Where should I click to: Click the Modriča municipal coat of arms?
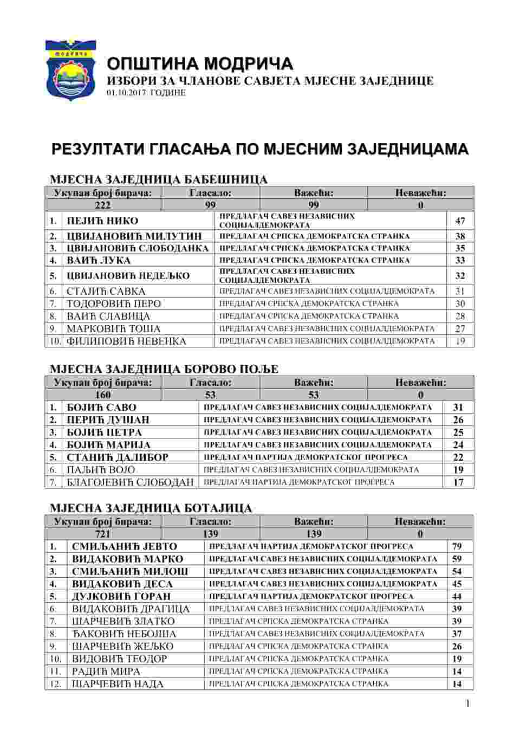pyautogui.click(x=70, y=70)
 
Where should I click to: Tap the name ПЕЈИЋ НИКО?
pyautogui.click(x=102, y=221)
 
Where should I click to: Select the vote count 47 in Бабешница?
pyautogui.click(x=460, y=221)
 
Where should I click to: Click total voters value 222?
pyautogui.click(x=102, y=205)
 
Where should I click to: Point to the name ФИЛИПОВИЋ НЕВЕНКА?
pyautogui.click(x=126, y=341)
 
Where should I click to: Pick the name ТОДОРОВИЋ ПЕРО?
pyautogui.click(x=114, y=304)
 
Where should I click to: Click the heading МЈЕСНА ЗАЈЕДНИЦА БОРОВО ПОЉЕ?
pyautogui.click(x=164, y=369)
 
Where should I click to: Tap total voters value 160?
pyautogui.click(x=102, y=395)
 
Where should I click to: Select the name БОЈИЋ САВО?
pyautogui.click(x=101, y=408)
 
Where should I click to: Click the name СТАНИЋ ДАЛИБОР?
pyautogui.click(x=118, y=457)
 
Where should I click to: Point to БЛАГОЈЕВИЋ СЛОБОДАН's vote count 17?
pyautogui.click(x=458, y=482)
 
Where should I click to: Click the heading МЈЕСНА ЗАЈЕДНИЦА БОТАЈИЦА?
pyautogui.click(x=151, y=508)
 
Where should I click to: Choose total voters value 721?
pyautogui.click(x=102, y=534)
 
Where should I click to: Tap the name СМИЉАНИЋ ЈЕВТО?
pyautogui.click(x=125, y=546)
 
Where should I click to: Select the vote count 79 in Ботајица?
pyautogui.click(x=457, y=546)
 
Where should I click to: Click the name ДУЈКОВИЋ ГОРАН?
pyautogui.click(x=121, y=596)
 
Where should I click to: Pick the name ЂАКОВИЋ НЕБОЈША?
pyautogui.click(x=124, y=634)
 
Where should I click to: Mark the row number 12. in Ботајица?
pyautogui.click(x=55, y=684)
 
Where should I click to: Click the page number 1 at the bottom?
pyautogui.click(x=467, y=703)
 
